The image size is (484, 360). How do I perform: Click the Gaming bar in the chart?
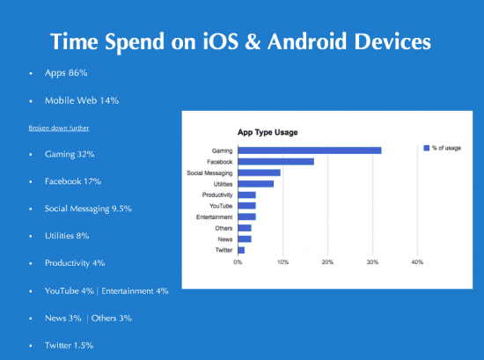pyautogui.click(x=309, y=151)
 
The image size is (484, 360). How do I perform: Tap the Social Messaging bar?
pyautogui.click(x=259, y=173)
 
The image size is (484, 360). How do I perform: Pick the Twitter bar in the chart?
pyautogui.click(x=241, y=250)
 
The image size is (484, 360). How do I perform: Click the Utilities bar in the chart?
pyautogui.click(x=255, y=183)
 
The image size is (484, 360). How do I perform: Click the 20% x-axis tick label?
pyautogui.click(x=327, y=262)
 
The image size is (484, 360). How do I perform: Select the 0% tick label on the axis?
pyautogui.click(x=238, y=262)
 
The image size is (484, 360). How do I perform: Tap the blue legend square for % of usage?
pyautogui.click(x=427, y=148)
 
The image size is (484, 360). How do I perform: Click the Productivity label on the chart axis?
pyautogui.click(x=216, y=195)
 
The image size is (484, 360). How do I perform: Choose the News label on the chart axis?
pyautogui.click(x=224, y=239)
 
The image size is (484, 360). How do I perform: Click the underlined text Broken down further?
pyautogui.click(x=59, y=128)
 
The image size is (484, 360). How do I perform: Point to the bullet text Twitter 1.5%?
pyautogui.click(x=77, y=345)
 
